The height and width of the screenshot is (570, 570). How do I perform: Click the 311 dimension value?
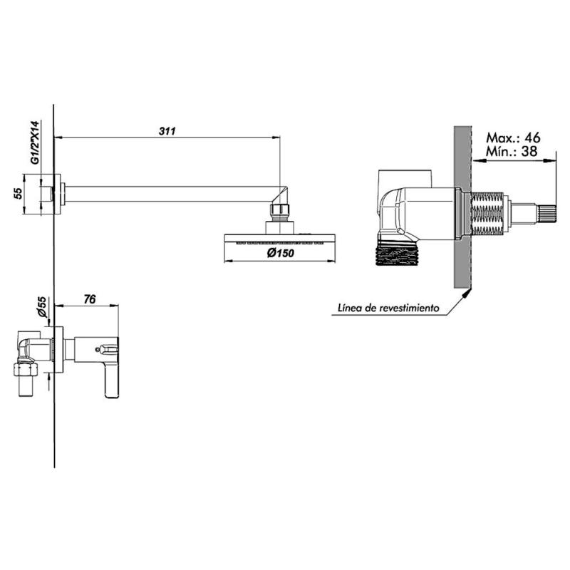coord(167,130)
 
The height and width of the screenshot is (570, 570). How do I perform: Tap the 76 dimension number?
coord(90,300)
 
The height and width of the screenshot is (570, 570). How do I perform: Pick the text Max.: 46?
coord(513,137)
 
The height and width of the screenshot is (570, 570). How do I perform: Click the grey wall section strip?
coord(463,207)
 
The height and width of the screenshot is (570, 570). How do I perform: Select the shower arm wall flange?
coord(61,194)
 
